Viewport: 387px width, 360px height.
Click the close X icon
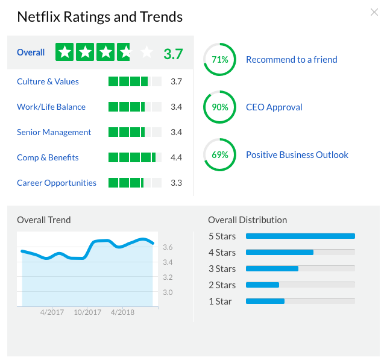374,12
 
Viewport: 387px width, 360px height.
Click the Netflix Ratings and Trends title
99,17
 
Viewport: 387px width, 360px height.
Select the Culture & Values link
48,81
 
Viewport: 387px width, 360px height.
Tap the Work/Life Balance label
51,107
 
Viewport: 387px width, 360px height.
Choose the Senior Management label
54,132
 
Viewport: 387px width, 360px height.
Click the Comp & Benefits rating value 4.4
176,157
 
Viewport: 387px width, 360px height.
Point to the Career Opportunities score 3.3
176,183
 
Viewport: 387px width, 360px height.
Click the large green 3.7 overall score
173,53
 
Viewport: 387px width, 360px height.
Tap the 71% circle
220,60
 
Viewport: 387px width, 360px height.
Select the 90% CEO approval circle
220,107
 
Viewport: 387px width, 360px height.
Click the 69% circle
220,155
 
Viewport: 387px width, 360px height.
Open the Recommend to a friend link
292,60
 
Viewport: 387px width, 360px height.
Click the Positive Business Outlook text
297,155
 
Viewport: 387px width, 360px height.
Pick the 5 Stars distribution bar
300,236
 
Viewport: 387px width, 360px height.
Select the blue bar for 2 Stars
263,285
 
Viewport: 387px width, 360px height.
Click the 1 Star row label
220,301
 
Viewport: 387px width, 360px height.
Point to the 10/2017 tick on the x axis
87,312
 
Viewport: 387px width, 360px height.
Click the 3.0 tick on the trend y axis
168,292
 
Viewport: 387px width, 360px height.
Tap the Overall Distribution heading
247,220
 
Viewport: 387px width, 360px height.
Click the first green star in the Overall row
64,52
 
